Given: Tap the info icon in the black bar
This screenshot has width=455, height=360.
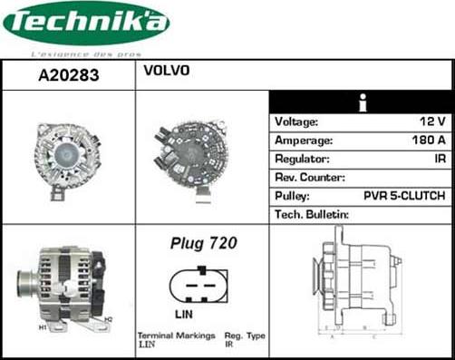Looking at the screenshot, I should tap(362, 102).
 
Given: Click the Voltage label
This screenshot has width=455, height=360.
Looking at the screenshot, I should tap(296, 122).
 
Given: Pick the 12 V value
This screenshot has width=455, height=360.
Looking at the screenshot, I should tap(432, 122).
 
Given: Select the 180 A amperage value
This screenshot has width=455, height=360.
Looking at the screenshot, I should tap(426, 141).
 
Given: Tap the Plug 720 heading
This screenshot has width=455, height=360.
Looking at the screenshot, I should tap(203, 243).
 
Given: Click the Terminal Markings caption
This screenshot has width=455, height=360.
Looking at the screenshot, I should tap(172, 336).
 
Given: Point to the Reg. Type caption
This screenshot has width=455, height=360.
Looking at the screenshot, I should tap(245, 336).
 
